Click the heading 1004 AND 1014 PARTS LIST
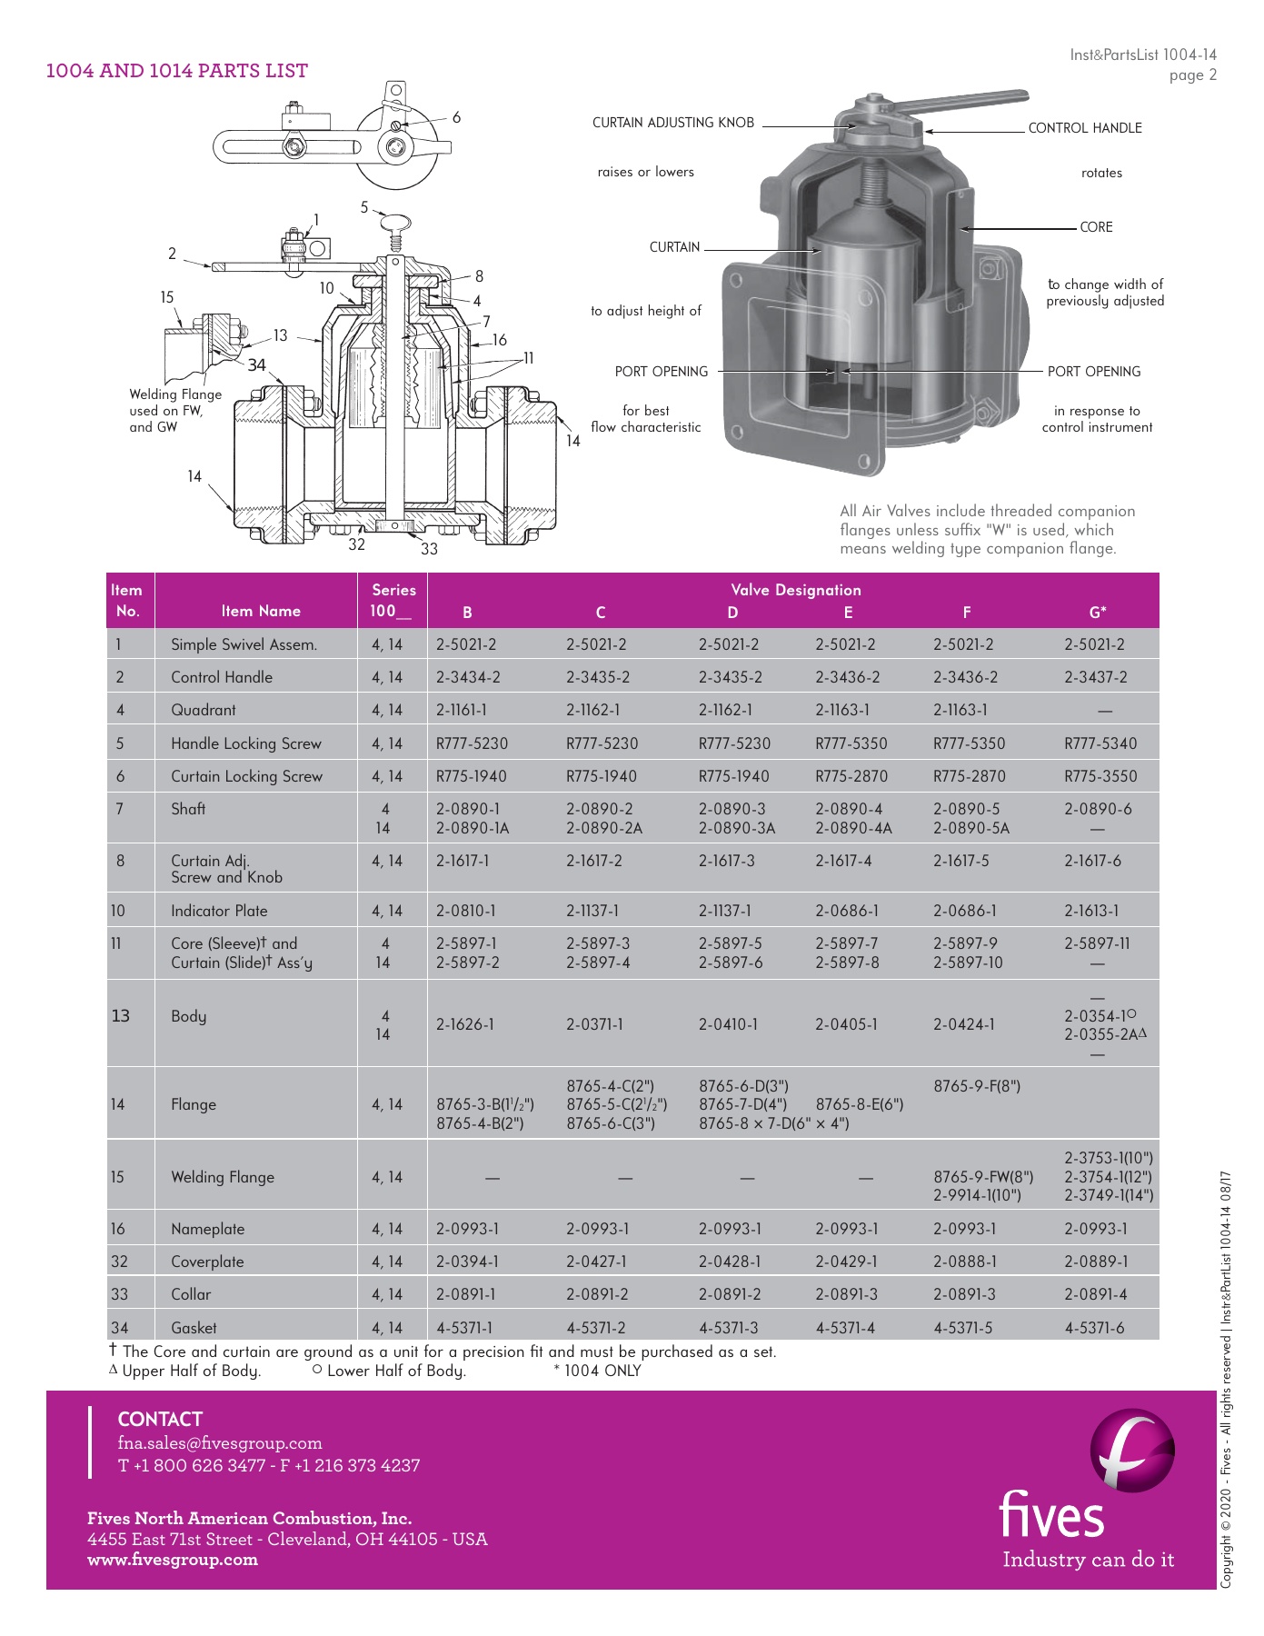tap(177, 71)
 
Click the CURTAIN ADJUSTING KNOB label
tap(673, 123)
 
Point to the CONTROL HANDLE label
tap(1085, 128)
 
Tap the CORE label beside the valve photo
tap(1096, 227)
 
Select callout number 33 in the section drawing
tap(429, 549)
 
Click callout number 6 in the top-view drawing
tap(456, 117)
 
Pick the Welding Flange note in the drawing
tap(175, 410)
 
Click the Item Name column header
tap(261, 611)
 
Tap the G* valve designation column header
tap(1098, 612)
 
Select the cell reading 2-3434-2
tap(468, 677)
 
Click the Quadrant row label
tap(204, 710)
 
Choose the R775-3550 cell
tap(1100, 776)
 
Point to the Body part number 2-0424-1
tap(964, 1024)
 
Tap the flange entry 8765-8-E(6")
tap(860, 1104)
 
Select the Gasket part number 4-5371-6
tap(1094, 1328)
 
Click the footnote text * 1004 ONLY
tap(597, 1371)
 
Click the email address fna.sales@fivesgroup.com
tap(220, 1443)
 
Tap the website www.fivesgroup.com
tap(173, 1560)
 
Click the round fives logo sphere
tap(1132, 1451)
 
